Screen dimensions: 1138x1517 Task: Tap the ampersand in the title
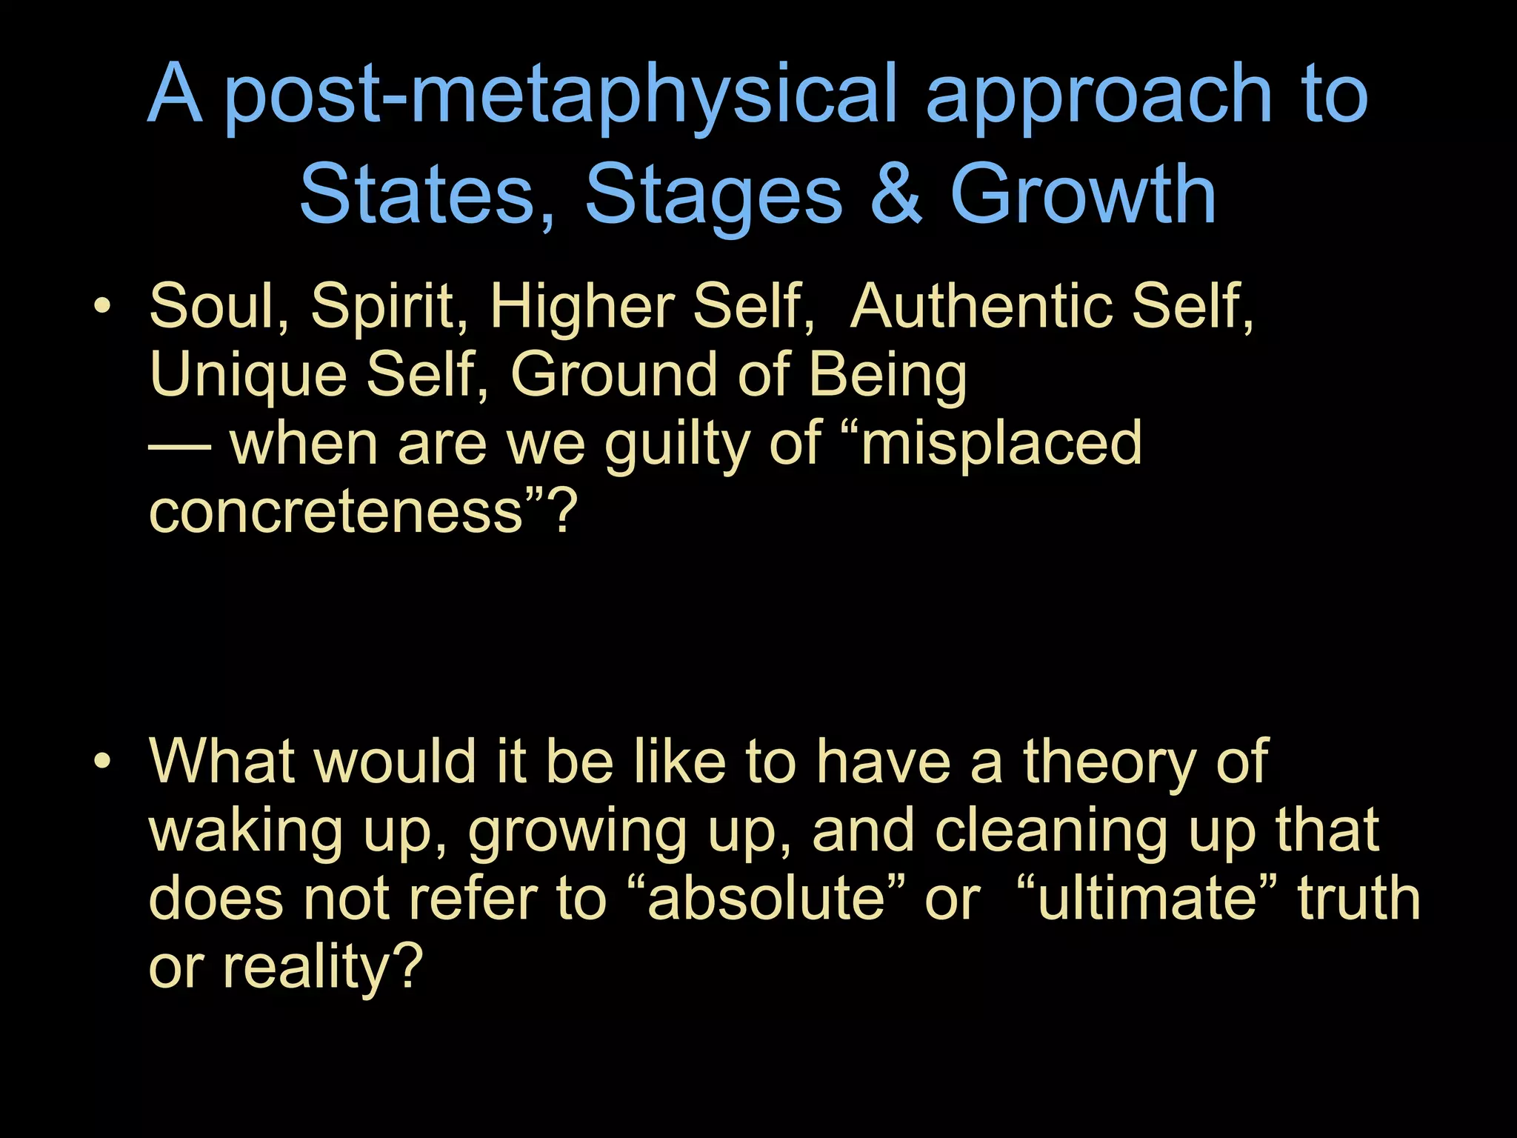click(896, 194)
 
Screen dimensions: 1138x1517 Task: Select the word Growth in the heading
click(1083, 194)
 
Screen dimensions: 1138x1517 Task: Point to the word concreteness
click(337, 511)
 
